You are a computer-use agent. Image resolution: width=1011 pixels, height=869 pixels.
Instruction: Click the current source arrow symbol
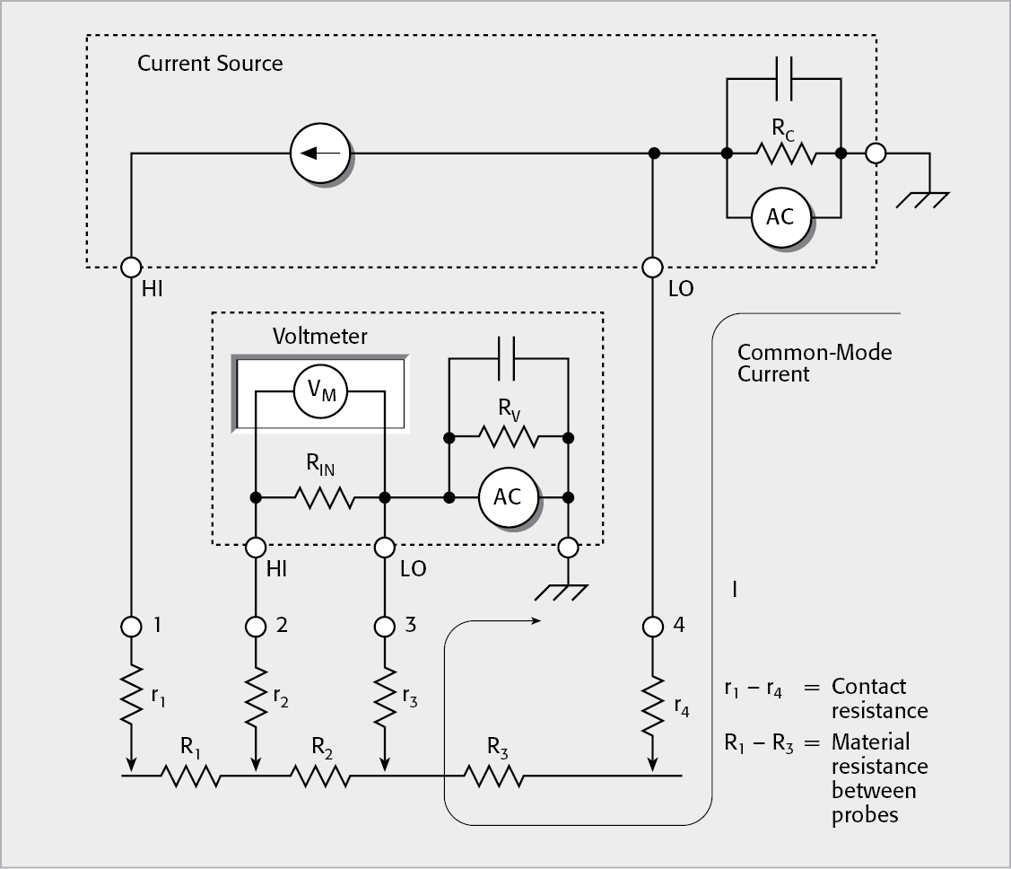pos(320,154)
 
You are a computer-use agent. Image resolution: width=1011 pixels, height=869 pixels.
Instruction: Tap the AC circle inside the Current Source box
pos(780,216)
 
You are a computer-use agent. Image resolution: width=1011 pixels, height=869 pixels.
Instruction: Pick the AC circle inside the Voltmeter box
pos(508,496)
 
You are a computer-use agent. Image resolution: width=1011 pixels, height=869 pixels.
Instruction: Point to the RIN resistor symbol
pos(321,496)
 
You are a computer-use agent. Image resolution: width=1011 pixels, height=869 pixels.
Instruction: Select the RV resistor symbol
pos(508,438)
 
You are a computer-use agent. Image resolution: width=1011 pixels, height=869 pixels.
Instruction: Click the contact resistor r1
pos(132,693)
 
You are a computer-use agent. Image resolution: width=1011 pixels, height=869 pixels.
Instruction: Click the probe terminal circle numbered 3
pos(386,625)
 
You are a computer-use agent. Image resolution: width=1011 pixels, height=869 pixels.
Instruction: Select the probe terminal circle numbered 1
pos(132,625)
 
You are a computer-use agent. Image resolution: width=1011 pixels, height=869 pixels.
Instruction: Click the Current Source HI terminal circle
pos(132,267)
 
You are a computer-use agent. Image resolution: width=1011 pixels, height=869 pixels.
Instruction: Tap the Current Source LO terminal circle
pos(652,267)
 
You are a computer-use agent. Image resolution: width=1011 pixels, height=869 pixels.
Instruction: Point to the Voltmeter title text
pos(319,337)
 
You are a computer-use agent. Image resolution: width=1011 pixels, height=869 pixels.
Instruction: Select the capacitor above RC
pos(783,79)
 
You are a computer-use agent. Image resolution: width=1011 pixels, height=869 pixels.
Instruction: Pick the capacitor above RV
pos(508,358)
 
